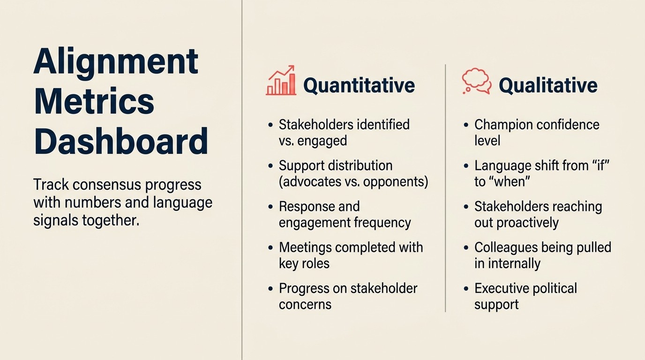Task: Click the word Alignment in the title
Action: point(116,62)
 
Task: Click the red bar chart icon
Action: point(281,81)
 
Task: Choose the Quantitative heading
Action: point(359,85)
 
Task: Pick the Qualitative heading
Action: point(548,85)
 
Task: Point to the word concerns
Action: point(305,304)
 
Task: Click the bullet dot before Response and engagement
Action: point(270,207)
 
